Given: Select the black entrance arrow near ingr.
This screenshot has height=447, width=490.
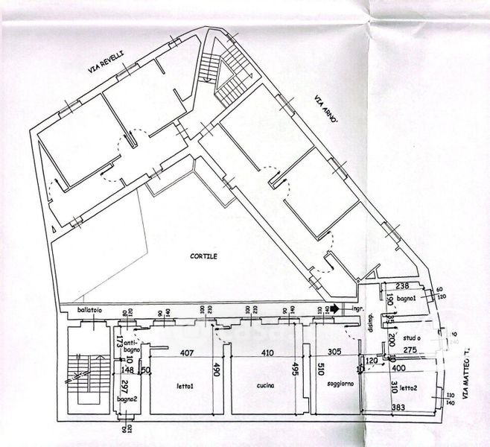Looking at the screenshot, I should [x=337, y=307].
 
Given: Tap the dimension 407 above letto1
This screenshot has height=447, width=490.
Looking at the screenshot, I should [x=186, y=354].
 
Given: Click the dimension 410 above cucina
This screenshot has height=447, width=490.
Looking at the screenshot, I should [x=268, y=354].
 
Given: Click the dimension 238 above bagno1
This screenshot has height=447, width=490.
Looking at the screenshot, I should [x=403, y=285].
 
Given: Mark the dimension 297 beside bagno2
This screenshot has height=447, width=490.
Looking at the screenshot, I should [x=126, y=387].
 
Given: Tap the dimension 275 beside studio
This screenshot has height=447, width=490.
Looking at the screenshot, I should [x=411, y=349].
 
